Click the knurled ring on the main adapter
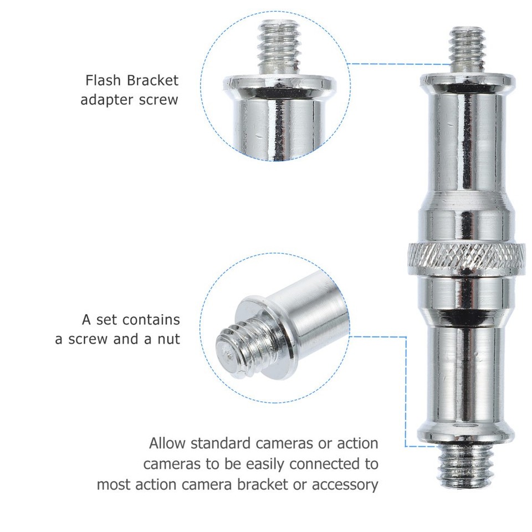click(x=467, y=255)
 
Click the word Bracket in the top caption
click(x=153, y=80)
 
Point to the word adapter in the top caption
click(x=108, y=100)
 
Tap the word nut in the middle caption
click(x=169, y=339)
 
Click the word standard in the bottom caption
click(x=220, y=443)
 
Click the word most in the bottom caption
click(x=114, y=484)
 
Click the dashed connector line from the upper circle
click(x=399, y=64)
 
